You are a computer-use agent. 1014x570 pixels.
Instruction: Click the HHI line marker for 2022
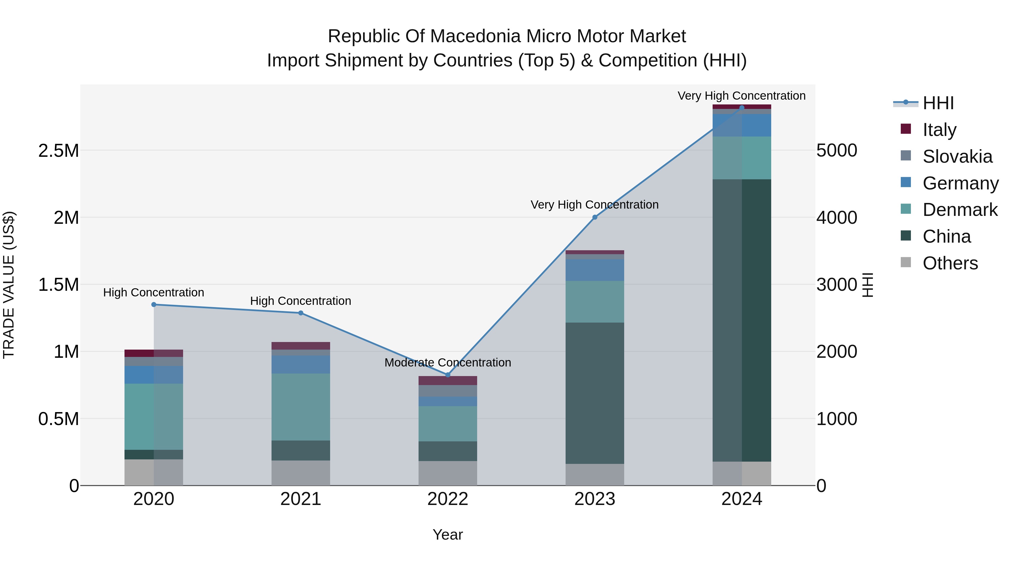point(448,375)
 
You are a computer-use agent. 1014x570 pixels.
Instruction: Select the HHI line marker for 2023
point(595,217)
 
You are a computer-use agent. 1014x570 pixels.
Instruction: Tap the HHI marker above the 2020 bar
point(154,305)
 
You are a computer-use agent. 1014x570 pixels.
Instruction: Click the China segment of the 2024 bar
point(742,320)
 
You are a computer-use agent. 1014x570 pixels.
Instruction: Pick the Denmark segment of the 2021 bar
point(301,407)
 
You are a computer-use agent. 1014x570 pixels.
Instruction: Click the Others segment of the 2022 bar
point(448,473)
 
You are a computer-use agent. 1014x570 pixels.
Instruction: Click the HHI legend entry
point(938,103)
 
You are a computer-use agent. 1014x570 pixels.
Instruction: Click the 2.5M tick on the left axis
point(59,151)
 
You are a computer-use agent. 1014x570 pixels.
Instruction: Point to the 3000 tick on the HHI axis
point(837,284)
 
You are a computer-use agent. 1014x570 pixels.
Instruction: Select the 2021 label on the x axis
point(301,499)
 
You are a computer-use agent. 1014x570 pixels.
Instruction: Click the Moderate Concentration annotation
point(448,362)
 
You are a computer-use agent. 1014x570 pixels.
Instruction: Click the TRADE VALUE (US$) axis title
point(9,285)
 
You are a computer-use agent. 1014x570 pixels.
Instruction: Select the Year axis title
point(448,535)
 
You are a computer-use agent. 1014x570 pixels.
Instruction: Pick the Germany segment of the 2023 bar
point(595,270)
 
